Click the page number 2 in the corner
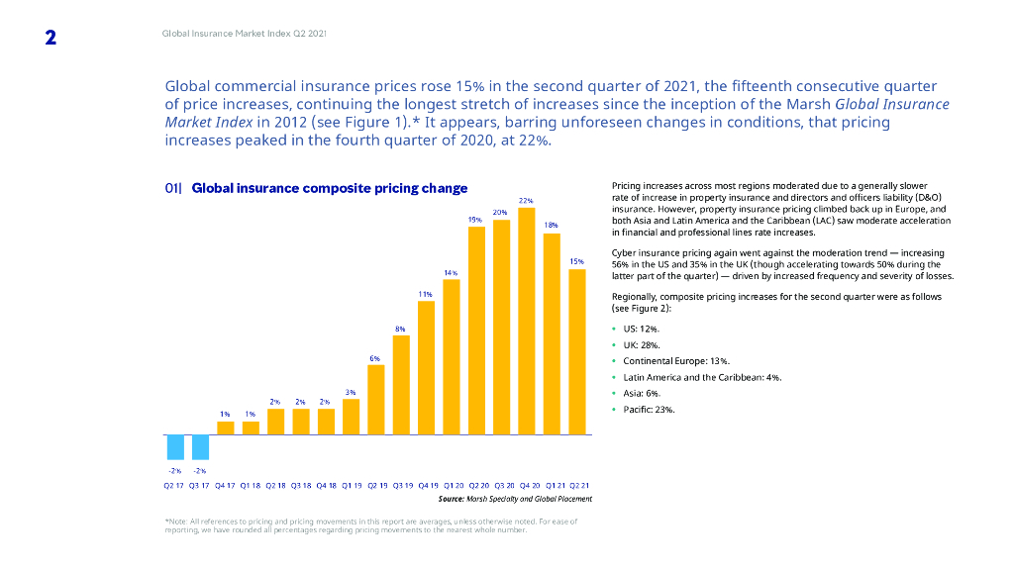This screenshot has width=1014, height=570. [50, 38]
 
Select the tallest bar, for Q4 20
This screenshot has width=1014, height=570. [527, 321]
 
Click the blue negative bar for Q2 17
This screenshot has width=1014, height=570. [175, 447]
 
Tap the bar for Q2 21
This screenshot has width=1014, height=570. [577, 351]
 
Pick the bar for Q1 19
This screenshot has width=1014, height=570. [351, 417]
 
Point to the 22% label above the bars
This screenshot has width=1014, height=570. [527, 201]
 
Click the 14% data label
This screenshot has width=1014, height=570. [451, 272]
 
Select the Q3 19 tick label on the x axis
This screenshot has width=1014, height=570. [402, 486]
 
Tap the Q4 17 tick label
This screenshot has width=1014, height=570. [226, 486]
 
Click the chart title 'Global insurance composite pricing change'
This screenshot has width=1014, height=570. [330, 188]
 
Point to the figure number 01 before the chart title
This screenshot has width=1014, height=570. [172, 188]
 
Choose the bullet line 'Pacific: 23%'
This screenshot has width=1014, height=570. [649, 409]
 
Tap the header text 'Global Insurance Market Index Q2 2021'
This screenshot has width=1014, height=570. [245, 35]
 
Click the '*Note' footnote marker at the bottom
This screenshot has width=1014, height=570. [175, 521]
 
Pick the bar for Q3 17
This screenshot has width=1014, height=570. [200, 447]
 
